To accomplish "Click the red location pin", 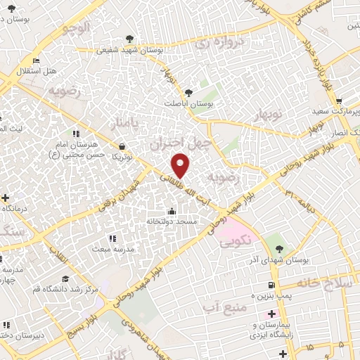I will (x=181, y=165).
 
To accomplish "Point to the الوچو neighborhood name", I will (x=76, y=30).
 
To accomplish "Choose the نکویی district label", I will (x=234, y=243).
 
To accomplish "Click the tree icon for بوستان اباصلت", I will (x=188, y=92).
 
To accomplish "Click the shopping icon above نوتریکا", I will (x=124, y=147).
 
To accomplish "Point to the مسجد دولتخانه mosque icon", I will (x=171, y=211).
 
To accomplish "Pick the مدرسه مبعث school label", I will (x=109, y=248).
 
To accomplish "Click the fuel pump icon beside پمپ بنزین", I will (x=271, y=285).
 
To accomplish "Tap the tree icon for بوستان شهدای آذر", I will (x=279, y=248).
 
